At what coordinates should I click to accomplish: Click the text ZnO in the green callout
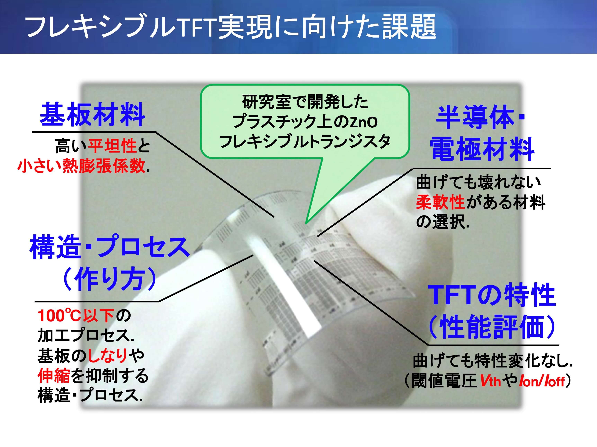pos(364,122)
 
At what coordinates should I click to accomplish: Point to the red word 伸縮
pos(54,376)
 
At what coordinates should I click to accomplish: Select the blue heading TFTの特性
pos(492,295)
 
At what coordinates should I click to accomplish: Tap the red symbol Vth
pos(490,381)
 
